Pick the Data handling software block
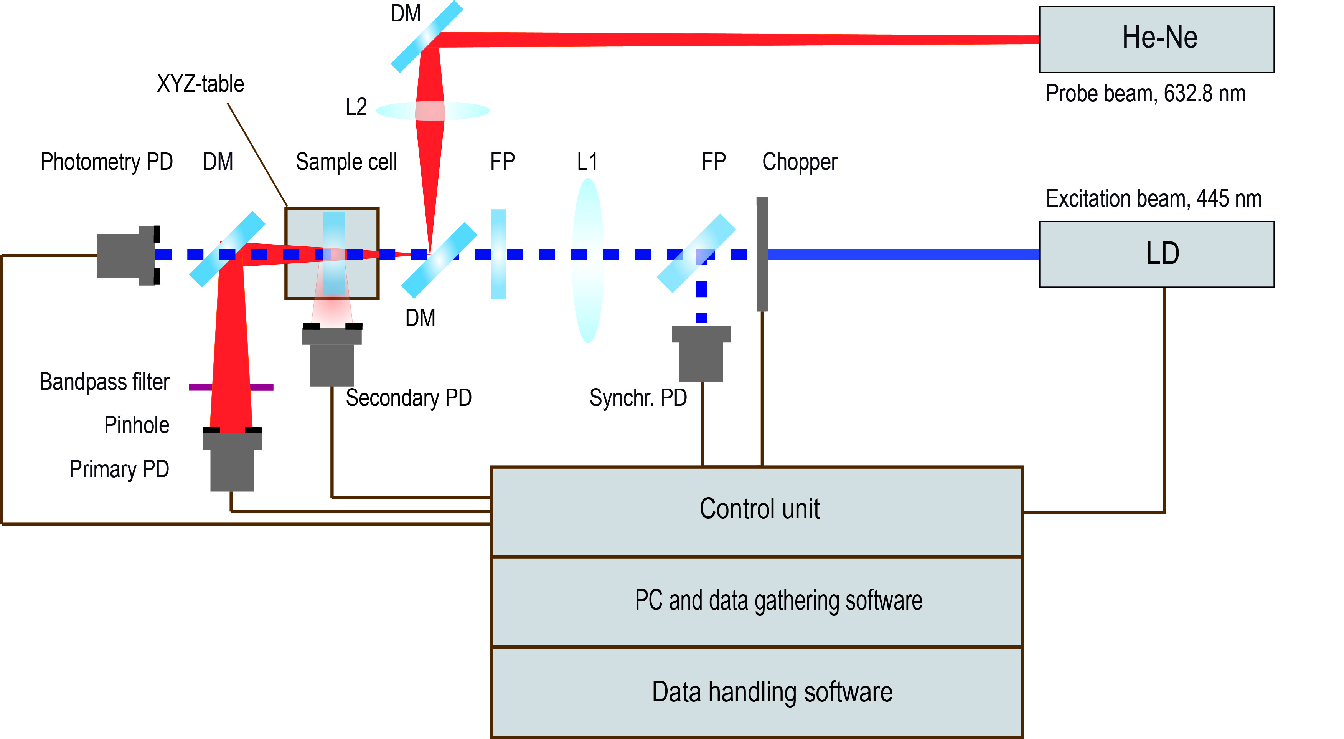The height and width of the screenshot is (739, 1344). [757, 692]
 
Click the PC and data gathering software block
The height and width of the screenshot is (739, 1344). [757, 601]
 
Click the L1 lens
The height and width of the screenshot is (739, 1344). [588, 261]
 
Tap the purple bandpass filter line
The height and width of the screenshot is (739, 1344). [201, 387]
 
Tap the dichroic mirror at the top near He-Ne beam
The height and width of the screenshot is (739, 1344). [427, 36]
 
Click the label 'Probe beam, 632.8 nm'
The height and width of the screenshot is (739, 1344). [1145, 94]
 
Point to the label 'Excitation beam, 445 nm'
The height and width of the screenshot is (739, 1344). [1153, 199]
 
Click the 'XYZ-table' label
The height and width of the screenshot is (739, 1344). [200, 84]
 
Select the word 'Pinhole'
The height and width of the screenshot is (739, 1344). [137, 425]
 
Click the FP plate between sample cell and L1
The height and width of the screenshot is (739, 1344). [499, 254]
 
